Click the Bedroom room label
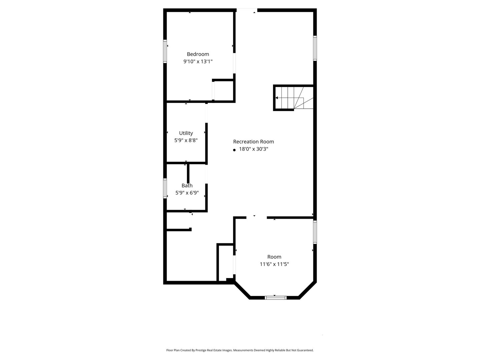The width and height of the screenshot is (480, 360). click(198, 54)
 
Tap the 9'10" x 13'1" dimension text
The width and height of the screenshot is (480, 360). click(198, 61)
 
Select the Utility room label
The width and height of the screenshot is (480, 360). click(186, 133)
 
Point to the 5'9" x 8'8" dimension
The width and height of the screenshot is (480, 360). click(186, 140)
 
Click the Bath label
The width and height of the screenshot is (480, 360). click(187, 185)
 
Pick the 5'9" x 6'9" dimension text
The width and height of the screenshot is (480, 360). click(187, 193)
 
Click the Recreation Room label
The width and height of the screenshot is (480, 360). click(253, 142)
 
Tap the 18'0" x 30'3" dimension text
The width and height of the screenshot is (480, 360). click(254, 149)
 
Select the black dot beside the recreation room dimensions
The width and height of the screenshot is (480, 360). click(234, 150)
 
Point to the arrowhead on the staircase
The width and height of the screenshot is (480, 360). click(277, 98)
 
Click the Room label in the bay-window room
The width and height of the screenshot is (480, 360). click(274, 257)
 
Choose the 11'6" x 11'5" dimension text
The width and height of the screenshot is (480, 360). click(274, 264)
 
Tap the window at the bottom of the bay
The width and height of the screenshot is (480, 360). click(275, 298)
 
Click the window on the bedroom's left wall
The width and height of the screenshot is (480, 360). click(165, 51)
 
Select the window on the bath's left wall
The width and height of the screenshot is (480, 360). click(165, 188)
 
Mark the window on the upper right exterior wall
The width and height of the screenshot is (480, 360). click(315, 48)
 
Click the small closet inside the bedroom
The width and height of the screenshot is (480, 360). click(223, 90)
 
